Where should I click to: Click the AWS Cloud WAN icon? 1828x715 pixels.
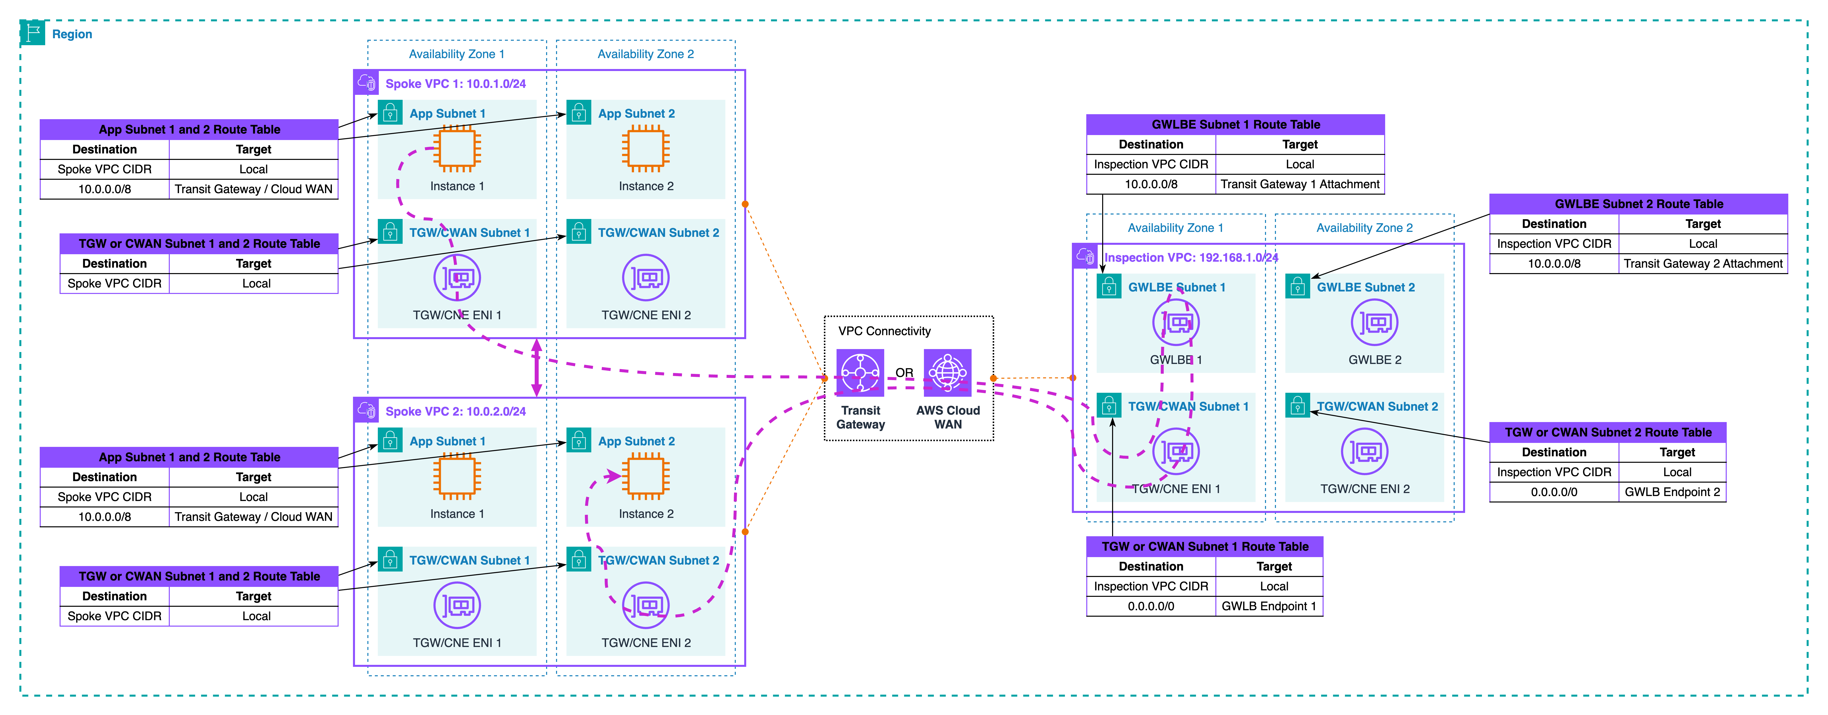947,372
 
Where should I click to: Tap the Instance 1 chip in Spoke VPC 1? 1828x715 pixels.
457,149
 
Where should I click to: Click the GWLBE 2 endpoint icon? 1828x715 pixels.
1374,322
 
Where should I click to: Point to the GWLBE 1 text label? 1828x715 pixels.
1176,360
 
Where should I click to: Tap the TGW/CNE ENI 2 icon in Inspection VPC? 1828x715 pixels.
1365,452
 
